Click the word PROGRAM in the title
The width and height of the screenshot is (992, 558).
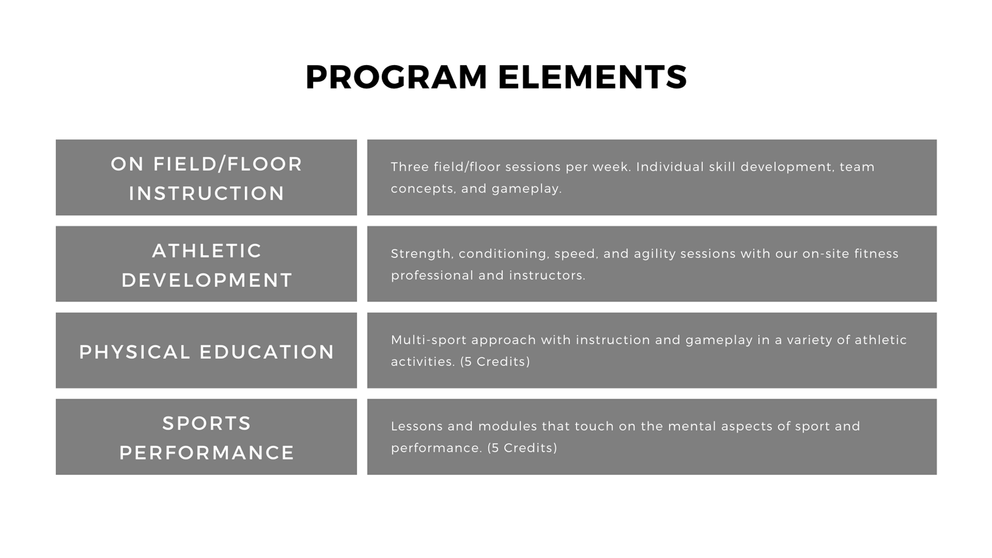396,77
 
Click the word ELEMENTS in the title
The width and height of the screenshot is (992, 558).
593,77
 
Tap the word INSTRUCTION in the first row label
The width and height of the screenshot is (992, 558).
206,193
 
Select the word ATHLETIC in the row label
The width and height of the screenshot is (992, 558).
207,251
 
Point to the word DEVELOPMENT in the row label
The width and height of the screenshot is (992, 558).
207,280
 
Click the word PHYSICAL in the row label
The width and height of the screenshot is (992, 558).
135,352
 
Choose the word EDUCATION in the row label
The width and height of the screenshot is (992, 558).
267,352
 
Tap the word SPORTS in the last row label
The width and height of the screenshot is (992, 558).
207,423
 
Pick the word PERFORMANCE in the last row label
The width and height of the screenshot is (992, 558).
207,453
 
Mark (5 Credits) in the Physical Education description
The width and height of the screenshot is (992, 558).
495,362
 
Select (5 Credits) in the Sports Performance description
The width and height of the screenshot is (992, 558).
522,448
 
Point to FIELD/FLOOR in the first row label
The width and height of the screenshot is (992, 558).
228,164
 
